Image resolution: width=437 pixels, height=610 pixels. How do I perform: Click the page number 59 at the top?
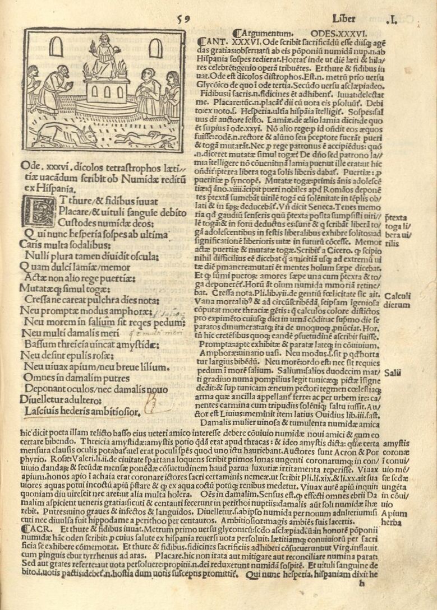tap(183, 19)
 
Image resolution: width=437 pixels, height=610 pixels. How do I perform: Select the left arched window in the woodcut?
tap(56, 46)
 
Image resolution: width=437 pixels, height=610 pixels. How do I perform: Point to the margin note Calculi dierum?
tap(398, 300)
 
